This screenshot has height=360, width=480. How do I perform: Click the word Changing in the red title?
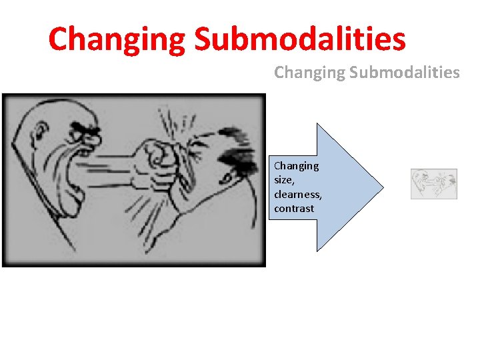[x=117, y=39]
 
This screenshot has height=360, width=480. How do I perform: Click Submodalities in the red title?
[x=299, y=39]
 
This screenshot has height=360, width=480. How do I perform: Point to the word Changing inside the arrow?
[x=296, y=166]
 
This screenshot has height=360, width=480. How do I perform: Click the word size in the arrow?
[x=283, y=180]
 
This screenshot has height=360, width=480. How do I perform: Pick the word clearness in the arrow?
[x=297, y=194]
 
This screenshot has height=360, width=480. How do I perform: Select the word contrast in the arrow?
[x=293, y=209]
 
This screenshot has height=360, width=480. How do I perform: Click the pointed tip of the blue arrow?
[x=382, y=187]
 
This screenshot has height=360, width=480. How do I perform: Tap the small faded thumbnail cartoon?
[x=433, y=184]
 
